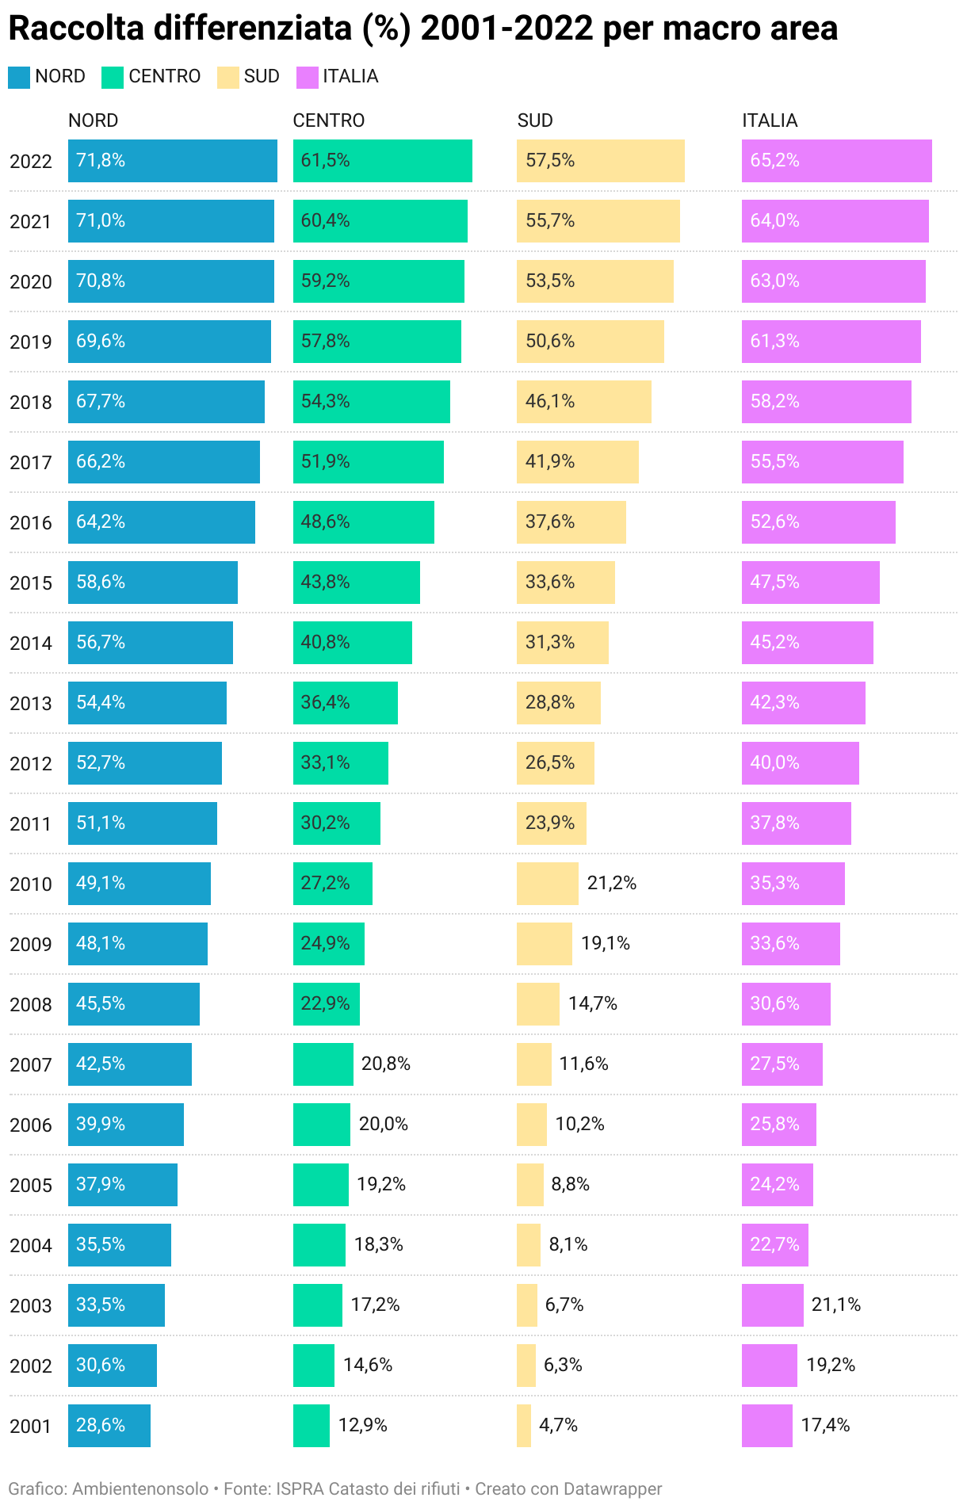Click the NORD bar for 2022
click(172, 161)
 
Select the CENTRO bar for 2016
click(363, 522)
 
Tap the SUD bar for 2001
click(523, 1426)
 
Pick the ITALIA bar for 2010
click(793, 884)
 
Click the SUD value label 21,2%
click(611, 884)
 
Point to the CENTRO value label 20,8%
click(385, 1064)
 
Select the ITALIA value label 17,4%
click(825, 1426)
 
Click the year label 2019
click(31, 342)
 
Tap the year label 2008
click(31, 1005)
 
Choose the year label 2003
click(31, 1306)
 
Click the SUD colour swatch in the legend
click(228, 78)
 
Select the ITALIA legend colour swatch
click(307, 78)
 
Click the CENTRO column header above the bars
click(329, 120)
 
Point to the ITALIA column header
click(770, 120)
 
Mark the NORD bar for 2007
click(129, 1064)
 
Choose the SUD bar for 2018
click(583, 402)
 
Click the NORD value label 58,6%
click(101, 583)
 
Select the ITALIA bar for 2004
click(774, 1245)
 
